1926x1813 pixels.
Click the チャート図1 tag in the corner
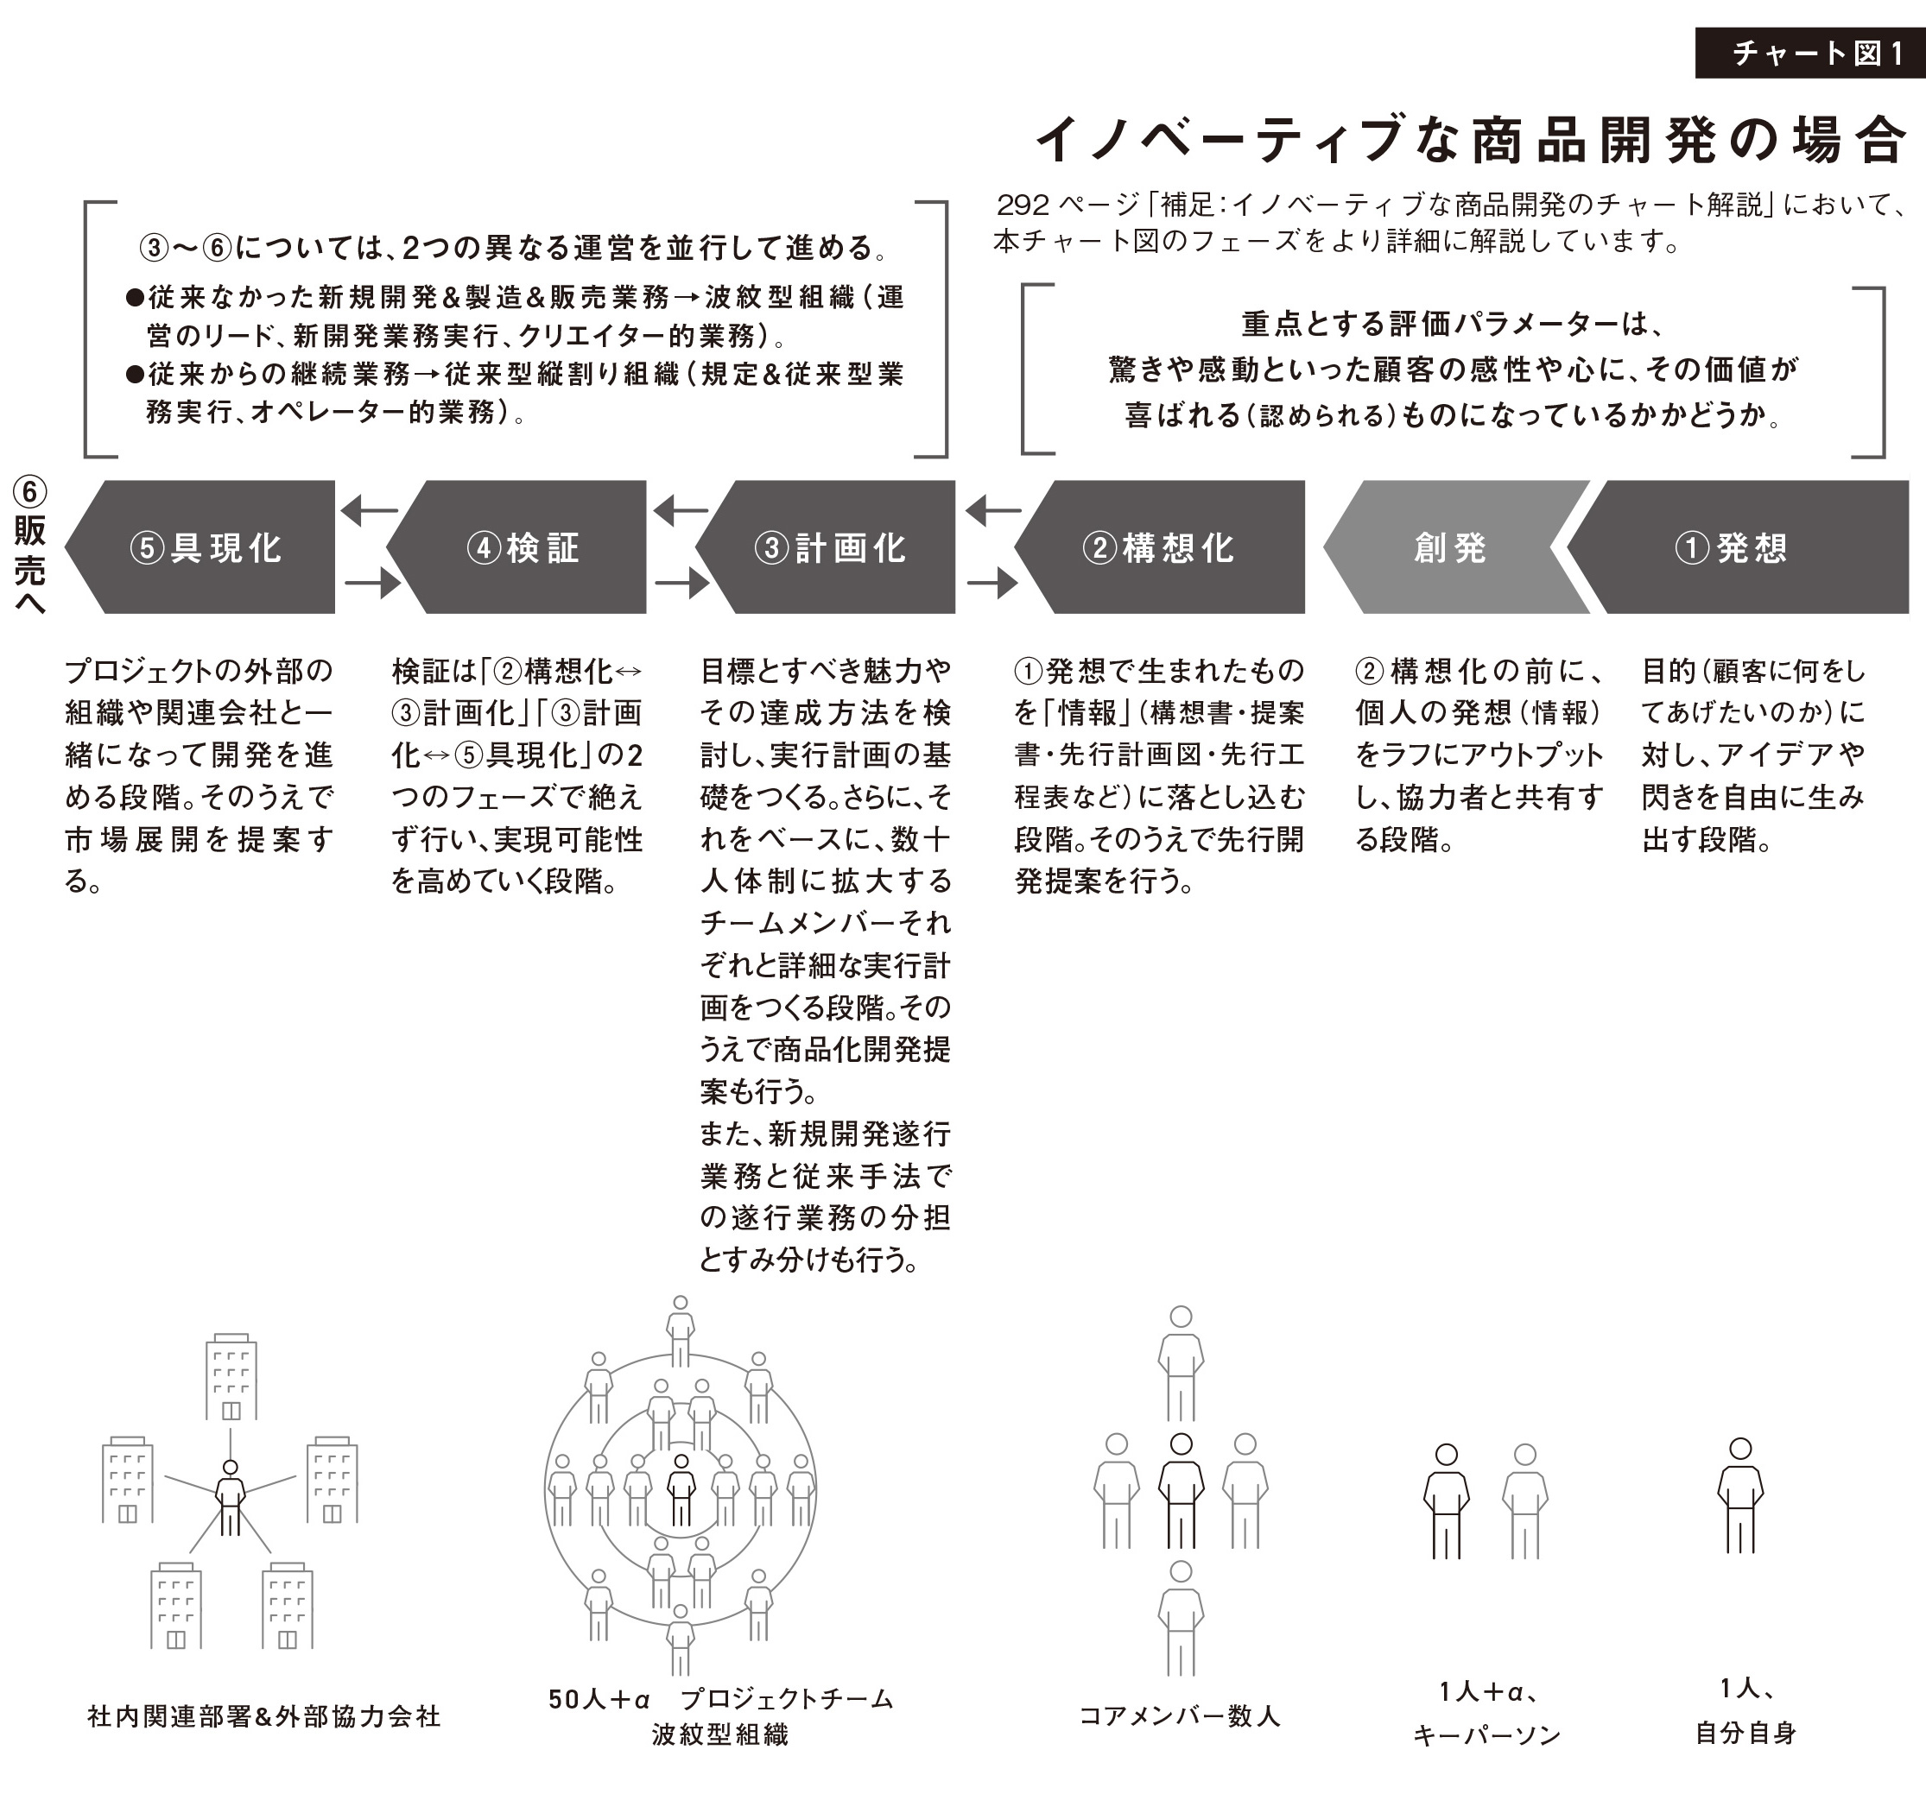[1809, 54]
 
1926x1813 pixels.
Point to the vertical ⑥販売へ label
[29, 546]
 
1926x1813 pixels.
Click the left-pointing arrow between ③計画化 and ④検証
[681, 509]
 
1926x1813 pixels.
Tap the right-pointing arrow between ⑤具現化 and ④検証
[373, 583]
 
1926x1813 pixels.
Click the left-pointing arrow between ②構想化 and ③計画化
[994, 509]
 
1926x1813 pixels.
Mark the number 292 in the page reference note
[1023, 205]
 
